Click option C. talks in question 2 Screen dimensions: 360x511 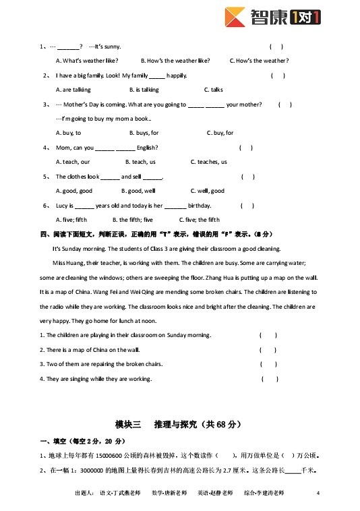click(x=213, y=90)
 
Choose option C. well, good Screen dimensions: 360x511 click(x=208, y=191)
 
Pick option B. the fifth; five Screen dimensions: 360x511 click(x=132, y=220)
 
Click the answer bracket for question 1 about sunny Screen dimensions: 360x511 click(x=276, y=47)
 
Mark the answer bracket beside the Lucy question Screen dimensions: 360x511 click(x=247, y=206)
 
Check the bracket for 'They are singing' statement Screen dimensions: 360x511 click(x=269, y=379)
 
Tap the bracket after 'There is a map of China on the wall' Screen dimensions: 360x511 click(x=268, y=350)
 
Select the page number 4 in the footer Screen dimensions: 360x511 click(x=318, y=493)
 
